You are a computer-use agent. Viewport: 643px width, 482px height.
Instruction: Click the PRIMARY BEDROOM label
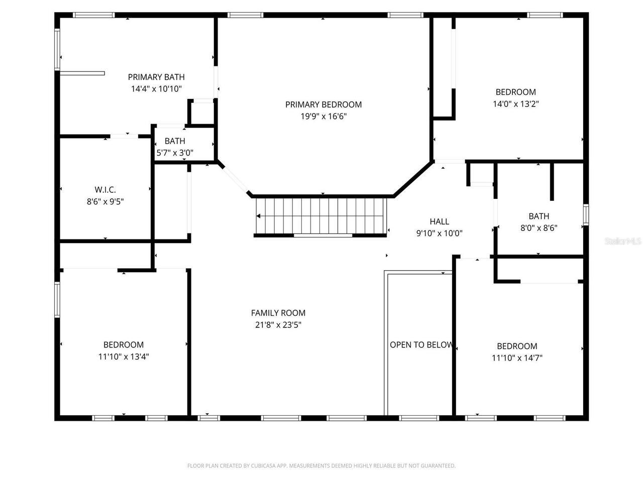pos(324,104)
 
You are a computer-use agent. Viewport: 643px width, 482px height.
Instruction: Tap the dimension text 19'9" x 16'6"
pos(324,116)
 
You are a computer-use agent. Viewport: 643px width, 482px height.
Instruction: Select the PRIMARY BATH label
pos(156,77)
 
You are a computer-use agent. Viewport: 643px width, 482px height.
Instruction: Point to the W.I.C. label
pos(105,190)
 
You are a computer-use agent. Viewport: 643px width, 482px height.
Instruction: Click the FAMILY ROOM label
pos(278,313)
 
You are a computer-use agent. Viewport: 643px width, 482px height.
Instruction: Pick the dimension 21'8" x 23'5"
pos(278,325)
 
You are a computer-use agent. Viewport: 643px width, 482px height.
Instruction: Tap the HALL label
pos(439,221)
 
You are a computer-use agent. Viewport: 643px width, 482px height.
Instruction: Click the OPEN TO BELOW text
pos(421,345)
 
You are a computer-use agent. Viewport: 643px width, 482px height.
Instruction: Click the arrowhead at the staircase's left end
pos(259,216)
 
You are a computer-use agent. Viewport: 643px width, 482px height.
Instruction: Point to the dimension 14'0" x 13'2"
pos(516,104)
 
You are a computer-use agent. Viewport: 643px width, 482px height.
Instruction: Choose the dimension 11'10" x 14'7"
pos(517,358)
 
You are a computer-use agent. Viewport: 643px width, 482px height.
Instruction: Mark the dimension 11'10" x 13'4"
pos(124,356)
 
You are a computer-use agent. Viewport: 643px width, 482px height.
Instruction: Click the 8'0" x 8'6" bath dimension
pos(539,228)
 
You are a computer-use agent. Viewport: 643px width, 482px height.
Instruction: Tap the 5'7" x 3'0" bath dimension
pos(175,153)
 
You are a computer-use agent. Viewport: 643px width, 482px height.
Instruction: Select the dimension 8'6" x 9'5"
pos(105,202)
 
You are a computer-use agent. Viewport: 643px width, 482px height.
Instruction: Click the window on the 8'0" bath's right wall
pos(586,214)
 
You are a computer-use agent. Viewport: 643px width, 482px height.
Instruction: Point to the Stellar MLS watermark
pos(623,242)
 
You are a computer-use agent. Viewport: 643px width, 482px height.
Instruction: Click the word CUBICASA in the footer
pos(272,466)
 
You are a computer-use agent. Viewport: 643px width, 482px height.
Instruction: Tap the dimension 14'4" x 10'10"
pos(156,89)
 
